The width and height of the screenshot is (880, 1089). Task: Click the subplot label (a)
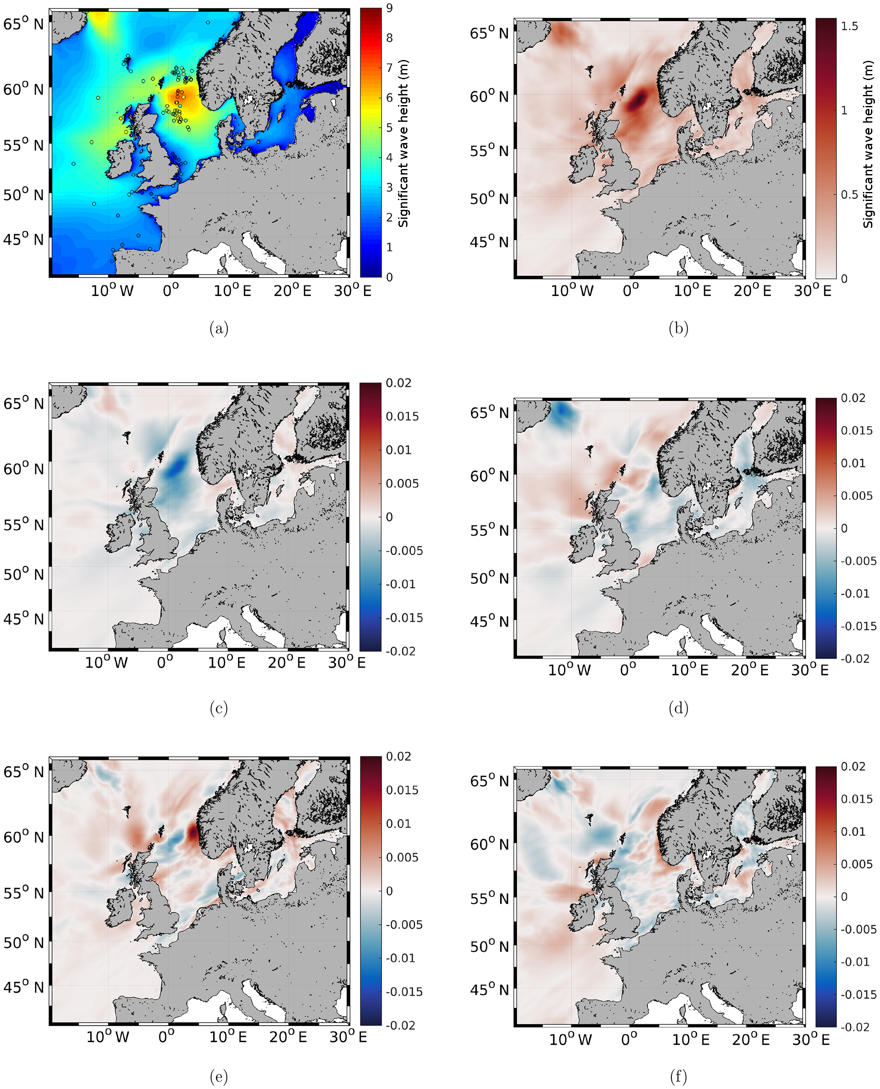(x=218, y=329)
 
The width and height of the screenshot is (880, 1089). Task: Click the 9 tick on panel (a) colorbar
(x=389, y=8)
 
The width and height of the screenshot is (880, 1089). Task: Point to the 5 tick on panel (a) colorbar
(x=389, y=127)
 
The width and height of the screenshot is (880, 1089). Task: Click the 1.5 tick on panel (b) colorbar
(x=850, y=26)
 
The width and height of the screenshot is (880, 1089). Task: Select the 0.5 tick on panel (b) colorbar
(x=850, y=195)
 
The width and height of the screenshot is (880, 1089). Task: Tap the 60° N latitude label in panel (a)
(x=23, y=90)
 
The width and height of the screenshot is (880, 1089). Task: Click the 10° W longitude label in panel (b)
(x=572, y=291)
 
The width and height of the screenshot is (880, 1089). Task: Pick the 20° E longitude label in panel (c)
(x=287, y=662)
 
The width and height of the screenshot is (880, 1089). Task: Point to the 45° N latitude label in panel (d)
(x=489, y=622)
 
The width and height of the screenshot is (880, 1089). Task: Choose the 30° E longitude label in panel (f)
(x=811, y=1040)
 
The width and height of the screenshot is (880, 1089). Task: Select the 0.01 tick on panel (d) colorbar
(x=854, y=463)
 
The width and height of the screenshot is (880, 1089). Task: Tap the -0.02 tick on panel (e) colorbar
(x=401, y=1026)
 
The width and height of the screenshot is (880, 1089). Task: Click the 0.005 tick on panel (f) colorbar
(x=857, y=864)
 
